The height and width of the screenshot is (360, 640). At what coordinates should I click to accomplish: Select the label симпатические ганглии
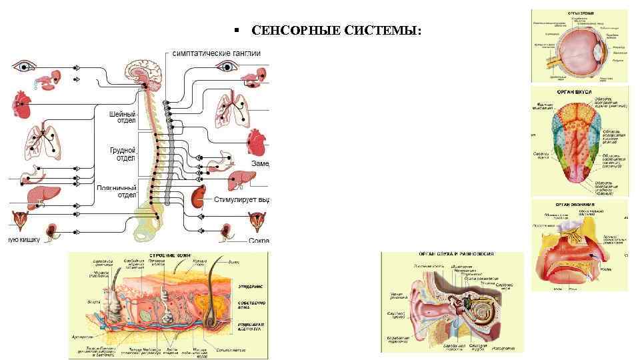[x=211, y=53]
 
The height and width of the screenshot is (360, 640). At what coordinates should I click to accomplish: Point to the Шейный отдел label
[x=123, y=117]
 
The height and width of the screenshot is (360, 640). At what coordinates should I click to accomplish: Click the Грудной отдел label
[x=123, y=154]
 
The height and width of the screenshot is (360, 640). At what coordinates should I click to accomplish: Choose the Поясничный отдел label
[x=117, y=191]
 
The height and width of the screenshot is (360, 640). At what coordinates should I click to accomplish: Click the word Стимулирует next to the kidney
[x=237, y=199]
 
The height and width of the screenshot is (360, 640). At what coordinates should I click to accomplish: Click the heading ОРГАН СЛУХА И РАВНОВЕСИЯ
[x=451, y=254]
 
